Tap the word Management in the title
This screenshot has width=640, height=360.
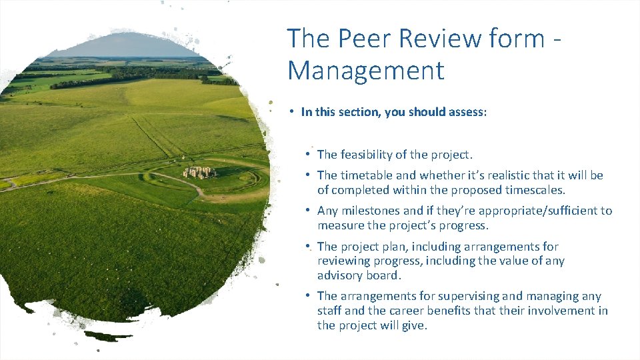(365, 71)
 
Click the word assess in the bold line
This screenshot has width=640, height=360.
(467, 112)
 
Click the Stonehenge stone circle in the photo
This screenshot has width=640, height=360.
(199, 172)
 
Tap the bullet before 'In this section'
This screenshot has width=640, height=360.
(291, 111)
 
